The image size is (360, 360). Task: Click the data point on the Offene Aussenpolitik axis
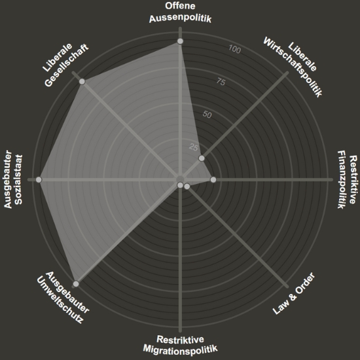[x=180, y=41]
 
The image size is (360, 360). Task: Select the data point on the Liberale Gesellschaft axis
[x=82, y=82]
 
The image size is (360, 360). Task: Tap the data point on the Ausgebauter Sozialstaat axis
[x=39, y=179]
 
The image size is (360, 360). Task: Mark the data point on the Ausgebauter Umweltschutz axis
[x=76, y=284]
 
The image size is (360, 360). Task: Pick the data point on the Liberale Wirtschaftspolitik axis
[x=202, y=158]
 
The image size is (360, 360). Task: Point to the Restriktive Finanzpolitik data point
[x=213, y=179]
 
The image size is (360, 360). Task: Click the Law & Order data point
[x=187, y=187]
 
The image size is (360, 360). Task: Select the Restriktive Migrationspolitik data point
[x=180, y=185]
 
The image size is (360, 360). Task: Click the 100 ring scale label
[x=234, y=49]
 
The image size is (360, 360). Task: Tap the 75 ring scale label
[x=221, y=82]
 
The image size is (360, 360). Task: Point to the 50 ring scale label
[x=207, y=115]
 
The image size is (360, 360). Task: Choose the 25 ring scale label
[x=193, y=147]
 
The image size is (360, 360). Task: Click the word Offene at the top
[x=180, y=6]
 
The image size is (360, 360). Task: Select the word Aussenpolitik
[x=180, y=18]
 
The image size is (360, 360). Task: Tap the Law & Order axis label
[x=294, y=293]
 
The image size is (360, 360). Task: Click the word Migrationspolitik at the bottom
[x=180, y=349]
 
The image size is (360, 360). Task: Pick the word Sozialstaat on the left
[x=18, y=180]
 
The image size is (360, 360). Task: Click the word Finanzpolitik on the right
[x=342, y=179]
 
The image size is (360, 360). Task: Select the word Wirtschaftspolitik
[x=293, y=67]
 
